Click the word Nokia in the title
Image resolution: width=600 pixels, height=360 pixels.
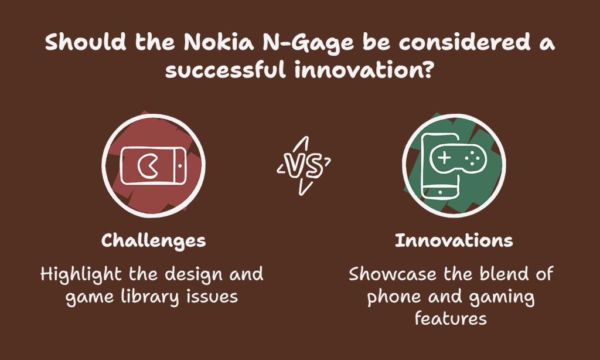tap(219, 42)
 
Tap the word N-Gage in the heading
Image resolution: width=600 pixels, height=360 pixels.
tap(308, 43)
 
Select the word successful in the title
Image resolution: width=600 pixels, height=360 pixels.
tap(226, 70)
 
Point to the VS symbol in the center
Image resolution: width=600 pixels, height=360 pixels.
tap(304, 166)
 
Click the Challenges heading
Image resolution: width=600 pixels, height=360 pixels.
tap(154, 241)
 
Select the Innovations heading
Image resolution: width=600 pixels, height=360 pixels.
tap(454, 240)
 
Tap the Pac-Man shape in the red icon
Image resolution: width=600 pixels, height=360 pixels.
tap(146, 166)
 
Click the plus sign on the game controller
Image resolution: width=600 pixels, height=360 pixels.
tap(444, 157)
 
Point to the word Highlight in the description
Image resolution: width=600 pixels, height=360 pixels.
tap(81, 275)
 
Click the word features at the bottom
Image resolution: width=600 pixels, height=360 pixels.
tap(451, 318)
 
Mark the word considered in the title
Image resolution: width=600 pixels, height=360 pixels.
tap(465, 42)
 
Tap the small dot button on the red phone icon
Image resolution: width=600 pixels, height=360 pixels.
tap(180, 166)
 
